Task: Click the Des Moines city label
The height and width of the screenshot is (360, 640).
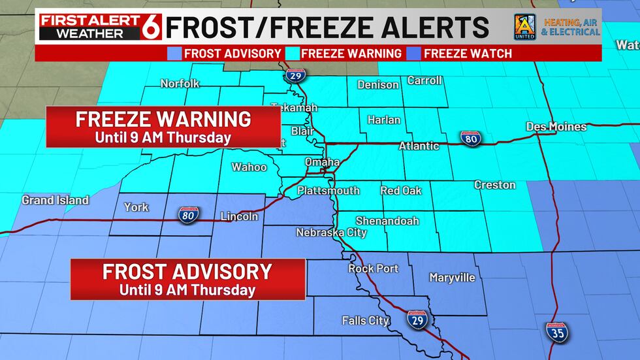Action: (x=556, y=127)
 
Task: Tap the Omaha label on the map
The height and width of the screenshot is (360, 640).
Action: (x=322, y=162)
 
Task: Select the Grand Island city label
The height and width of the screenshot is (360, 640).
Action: (x=55, y=200)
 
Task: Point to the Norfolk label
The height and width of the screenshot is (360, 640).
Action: (x=180, y=84)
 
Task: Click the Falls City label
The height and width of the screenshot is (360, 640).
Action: (x=366, y=320)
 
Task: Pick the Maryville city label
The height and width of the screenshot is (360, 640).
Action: (x=452, y=278)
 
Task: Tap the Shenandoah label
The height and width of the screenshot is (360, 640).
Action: (x=387, y=221)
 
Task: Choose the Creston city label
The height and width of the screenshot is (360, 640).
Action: (x=494, y=185)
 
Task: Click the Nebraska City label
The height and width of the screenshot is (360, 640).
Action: (x=326, y=232)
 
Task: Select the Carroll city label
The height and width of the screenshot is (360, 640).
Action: (x=424, y=80)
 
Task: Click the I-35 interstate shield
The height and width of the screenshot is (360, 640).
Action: (x=557, y=333)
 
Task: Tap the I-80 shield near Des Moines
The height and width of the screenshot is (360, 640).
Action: (x=470, y=138)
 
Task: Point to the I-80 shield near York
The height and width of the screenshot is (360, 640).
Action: (x=187, y=214)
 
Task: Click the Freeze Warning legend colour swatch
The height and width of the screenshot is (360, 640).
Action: (x=295, y=54)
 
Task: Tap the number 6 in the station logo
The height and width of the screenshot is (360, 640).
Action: (x=152, y=26)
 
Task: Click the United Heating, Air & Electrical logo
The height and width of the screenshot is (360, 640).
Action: (x=556, y=26)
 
